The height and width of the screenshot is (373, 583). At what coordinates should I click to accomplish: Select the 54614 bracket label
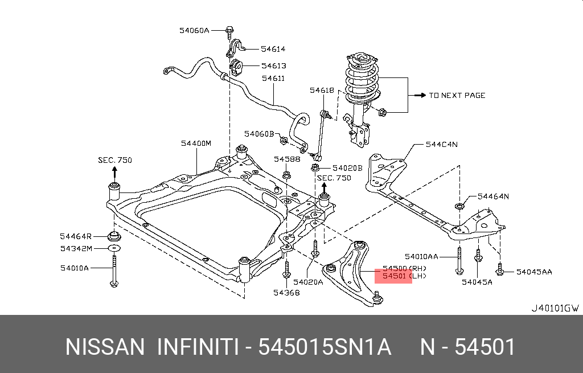273,50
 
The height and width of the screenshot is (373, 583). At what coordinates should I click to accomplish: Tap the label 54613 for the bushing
273,66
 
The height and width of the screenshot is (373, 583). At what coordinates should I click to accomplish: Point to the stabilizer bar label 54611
273,79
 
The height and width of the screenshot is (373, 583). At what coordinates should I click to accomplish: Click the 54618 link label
322,90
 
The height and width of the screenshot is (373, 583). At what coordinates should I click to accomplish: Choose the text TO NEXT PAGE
457,95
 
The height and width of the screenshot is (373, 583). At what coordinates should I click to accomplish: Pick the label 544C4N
441,145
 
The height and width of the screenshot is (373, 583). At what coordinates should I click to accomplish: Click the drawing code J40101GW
555,308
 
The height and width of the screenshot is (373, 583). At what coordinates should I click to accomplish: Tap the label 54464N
493,196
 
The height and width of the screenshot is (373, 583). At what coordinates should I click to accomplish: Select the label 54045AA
534,272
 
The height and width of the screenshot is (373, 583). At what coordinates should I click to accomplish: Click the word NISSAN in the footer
105,347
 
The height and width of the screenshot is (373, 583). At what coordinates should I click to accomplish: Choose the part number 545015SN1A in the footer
325,347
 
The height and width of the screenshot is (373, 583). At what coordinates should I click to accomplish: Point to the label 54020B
347,168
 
